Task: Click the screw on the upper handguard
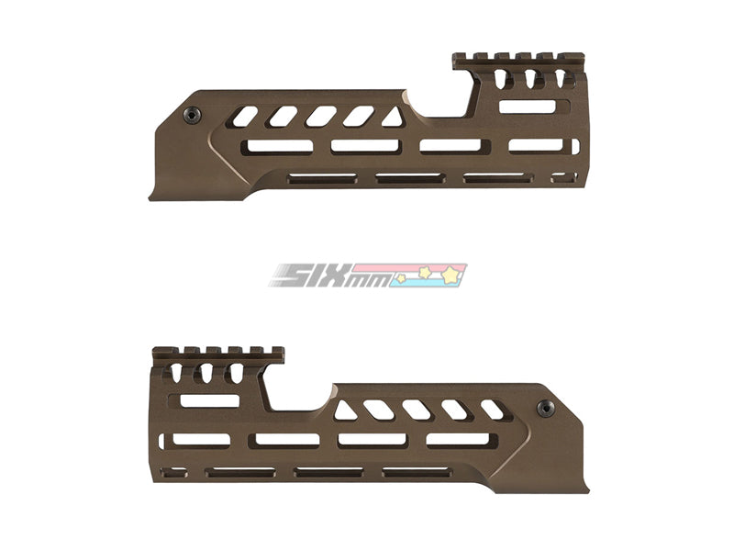tap(192, 115)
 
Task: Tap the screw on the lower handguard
tap(545, 409)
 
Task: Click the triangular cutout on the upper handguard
tap(393, 118)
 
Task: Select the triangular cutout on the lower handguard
tap(345, 410)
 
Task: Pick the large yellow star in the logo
tap(452, 274)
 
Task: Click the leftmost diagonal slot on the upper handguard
tap(245, 116)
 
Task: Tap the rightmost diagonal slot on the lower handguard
tap(493, 410)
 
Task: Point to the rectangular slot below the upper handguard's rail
tap(528, 107)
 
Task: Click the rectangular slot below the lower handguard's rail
tap(209, 400)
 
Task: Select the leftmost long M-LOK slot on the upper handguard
tap(276, 146)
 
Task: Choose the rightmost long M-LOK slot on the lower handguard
tap(458, 440)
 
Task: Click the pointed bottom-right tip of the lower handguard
tap(584, 489)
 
